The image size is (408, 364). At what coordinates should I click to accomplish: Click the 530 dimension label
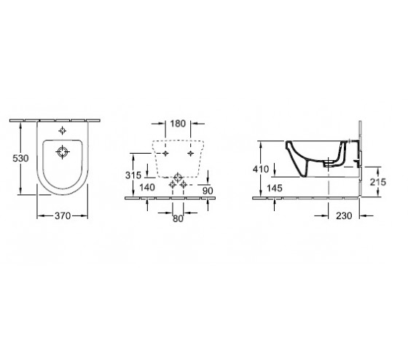pyautogui.click(x=20, y=158)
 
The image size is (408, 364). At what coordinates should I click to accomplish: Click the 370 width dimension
pyautogui.click(x=63, y=215)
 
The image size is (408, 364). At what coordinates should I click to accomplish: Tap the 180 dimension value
pyautogui.click(x=178, y=124)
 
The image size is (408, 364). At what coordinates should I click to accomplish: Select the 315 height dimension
pyautogui.click(x=133, y=175)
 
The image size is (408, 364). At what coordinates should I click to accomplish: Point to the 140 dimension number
pyautogui.click(x=147, y=187)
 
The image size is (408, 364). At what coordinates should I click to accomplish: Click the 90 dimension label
pyautogui.click(x=208, y=191)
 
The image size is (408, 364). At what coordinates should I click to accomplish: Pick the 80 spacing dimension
pyautogui.click(x=178, y=219)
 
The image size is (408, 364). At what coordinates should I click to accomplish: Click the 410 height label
pyautogui.click(x=261, y=169)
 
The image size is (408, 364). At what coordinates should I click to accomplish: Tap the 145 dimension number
pyautogui.click(x=275, y=188)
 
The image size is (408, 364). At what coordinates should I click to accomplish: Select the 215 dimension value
pyautogui.click(x=378, y=182)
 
